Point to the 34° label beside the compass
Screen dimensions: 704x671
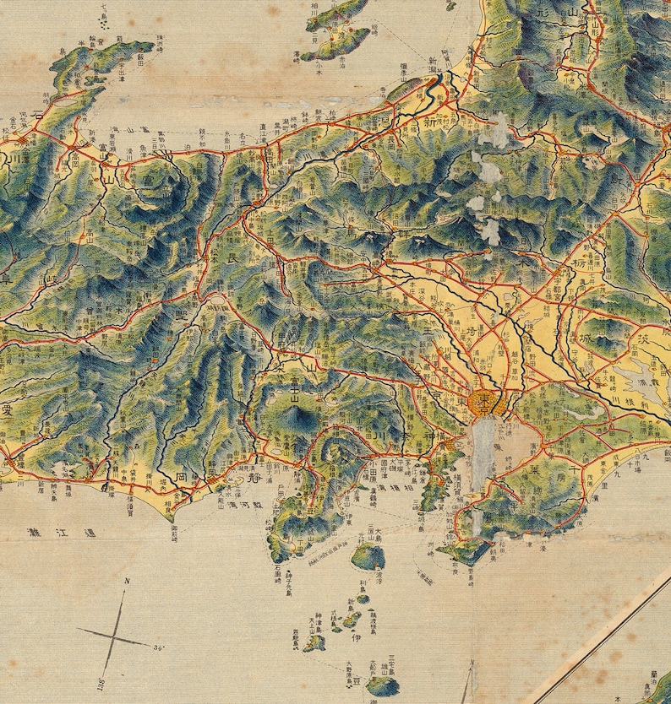158,647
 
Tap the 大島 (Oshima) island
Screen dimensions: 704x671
368,555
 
